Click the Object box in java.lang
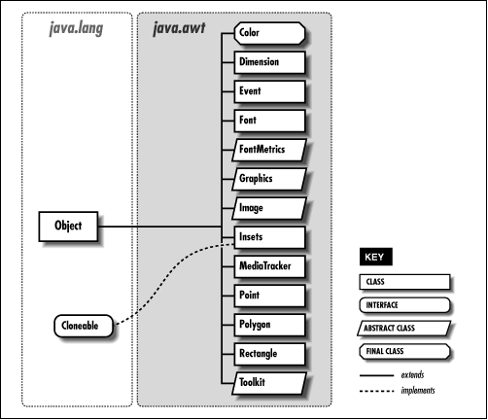click(69, 227)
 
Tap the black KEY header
click(374, 259)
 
